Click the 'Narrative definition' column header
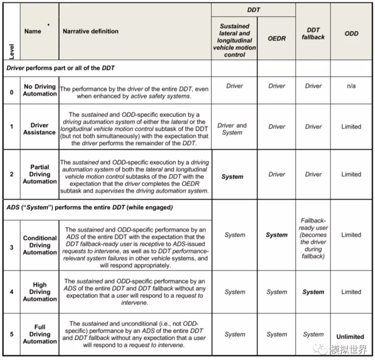point(91,31)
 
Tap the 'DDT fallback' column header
point(313,34)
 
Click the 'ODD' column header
point(351,34)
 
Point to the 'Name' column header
point(33,31)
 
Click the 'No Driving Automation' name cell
point(40,90)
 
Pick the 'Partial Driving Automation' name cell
point(40,174)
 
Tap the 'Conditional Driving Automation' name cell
point(40,245)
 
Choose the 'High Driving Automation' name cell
point(40,292)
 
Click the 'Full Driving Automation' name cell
point(40,334)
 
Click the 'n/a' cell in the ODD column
point(351,86)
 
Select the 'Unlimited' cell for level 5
point(351,336)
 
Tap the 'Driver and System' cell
point(232,128)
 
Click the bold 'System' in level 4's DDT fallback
point(313,292)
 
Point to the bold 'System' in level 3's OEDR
point(276,235)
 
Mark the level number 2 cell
point(12,174)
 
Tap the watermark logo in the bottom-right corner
point(320,350)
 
